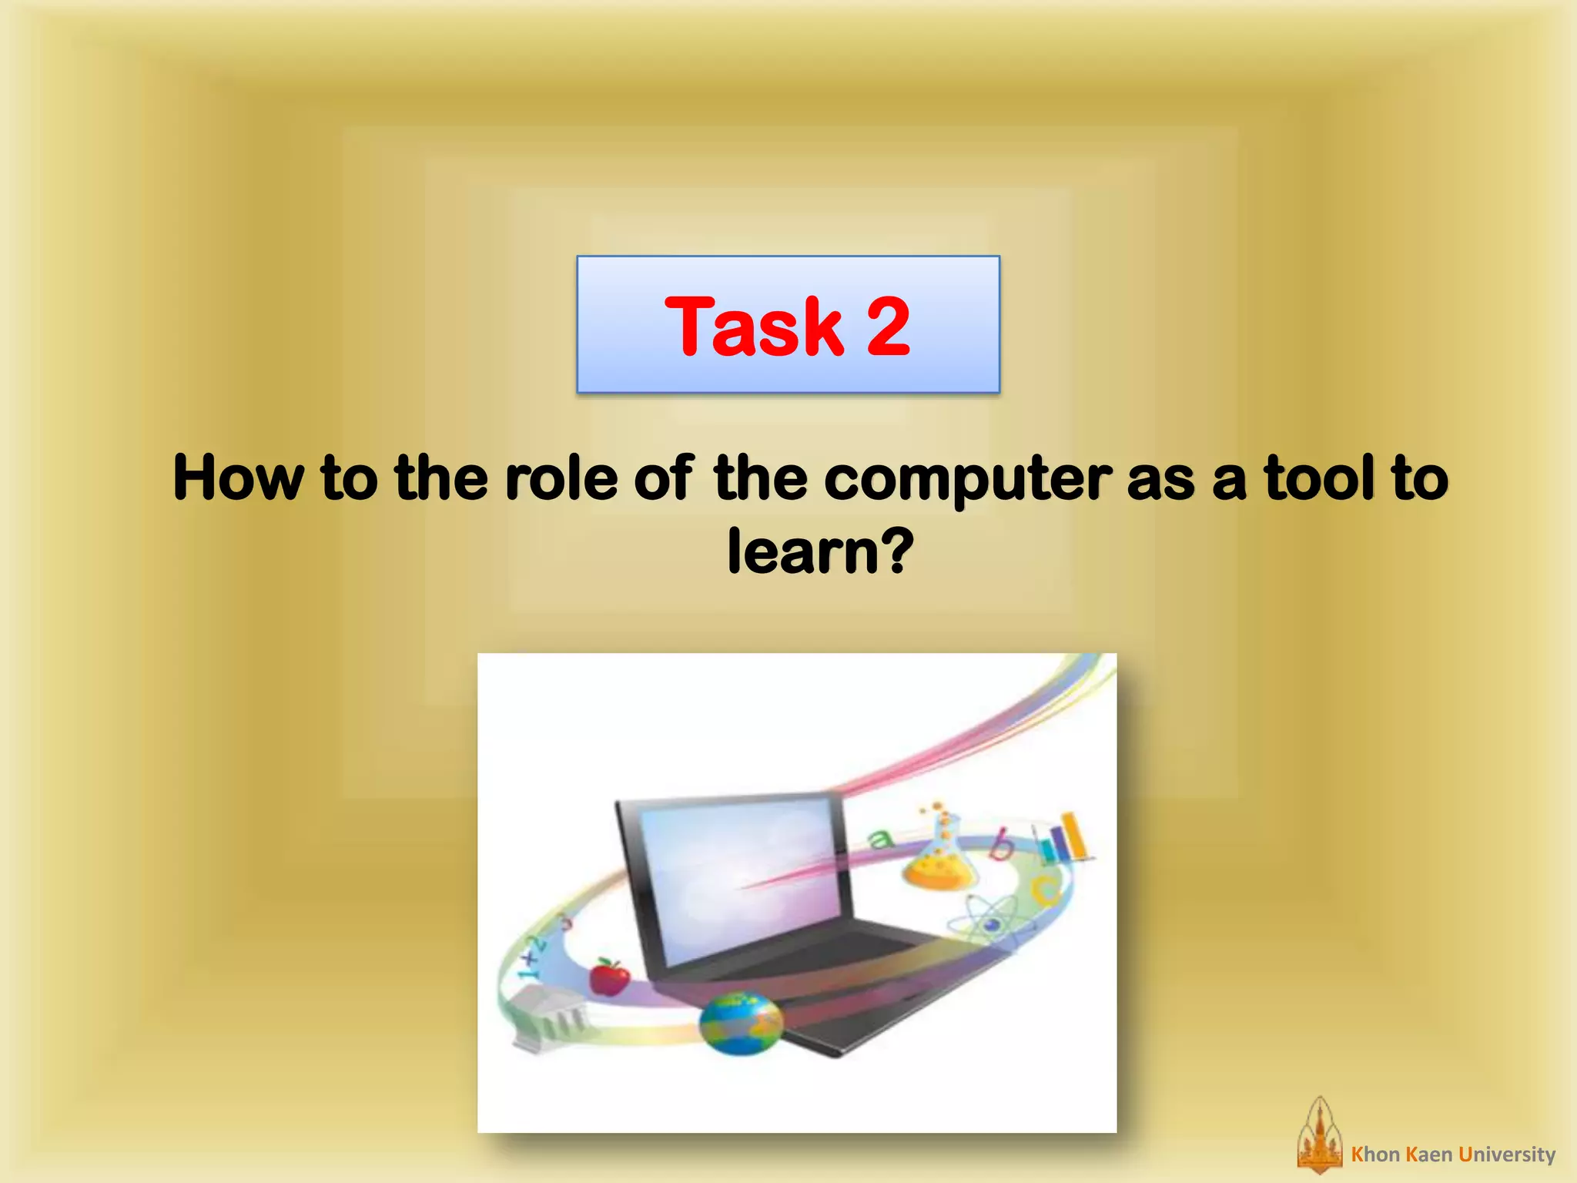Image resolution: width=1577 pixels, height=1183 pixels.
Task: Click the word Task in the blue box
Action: tap(753, 327)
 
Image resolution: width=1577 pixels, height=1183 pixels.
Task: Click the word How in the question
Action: tap(238, 478)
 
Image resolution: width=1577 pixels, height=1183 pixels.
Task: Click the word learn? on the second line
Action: tap(819, 551)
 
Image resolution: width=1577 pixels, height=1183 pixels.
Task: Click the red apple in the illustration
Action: tap(609, 977)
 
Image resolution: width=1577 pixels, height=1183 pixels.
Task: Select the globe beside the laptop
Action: tap(740, 1024)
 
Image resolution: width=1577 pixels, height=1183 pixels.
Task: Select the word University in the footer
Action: tap(1507, 1155)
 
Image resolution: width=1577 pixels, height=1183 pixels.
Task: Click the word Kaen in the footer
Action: tap(1428, 1155)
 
